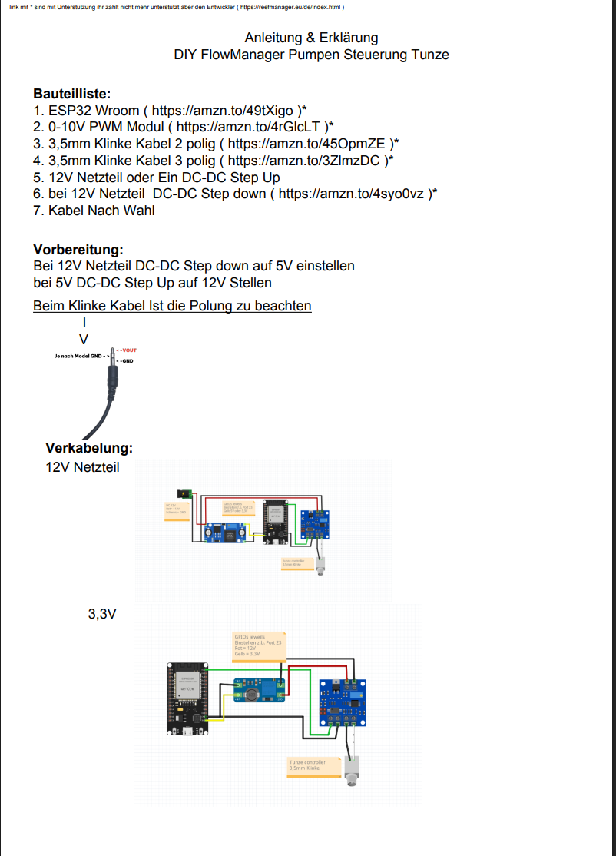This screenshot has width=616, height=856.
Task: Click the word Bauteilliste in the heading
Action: (x=72, y=94)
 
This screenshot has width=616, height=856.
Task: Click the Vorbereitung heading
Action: (x=78, y=250)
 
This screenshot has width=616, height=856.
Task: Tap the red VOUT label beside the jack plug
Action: (x=128, y=350)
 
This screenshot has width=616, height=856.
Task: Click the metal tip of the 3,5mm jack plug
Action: (x=113, y=356)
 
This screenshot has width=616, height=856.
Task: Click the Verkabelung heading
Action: (x=89, y=448)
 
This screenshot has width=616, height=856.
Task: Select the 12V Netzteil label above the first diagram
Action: (x=82, y=466)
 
